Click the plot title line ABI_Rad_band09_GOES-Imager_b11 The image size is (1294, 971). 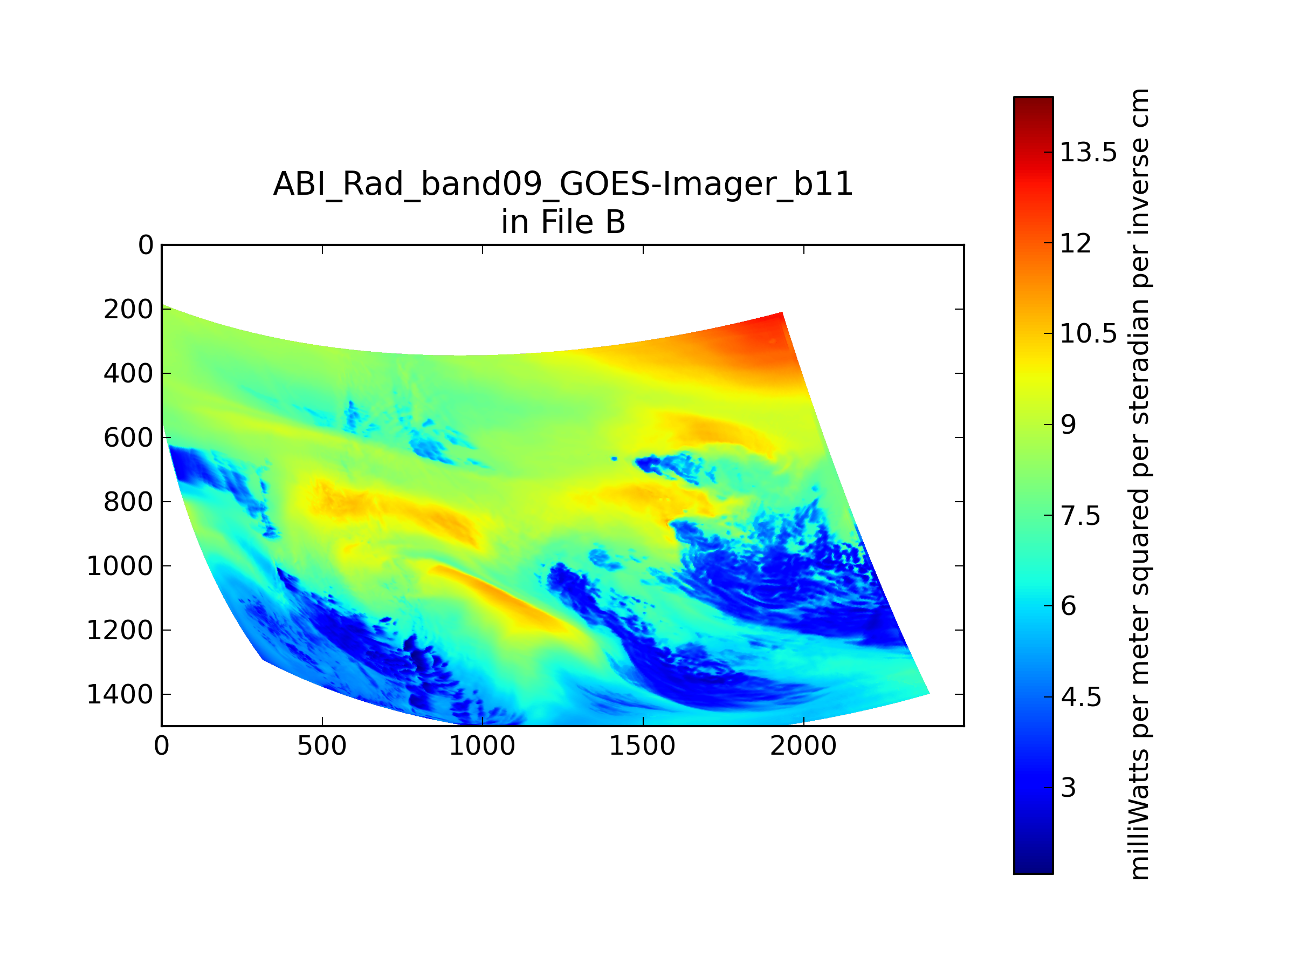(563, 184)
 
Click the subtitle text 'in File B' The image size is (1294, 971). (563, 222)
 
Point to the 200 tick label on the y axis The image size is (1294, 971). (128, 309)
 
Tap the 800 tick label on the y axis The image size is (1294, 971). (128, 502)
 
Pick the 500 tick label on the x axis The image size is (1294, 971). (322, 746)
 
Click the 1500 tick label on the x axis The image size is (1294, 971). (642, 746)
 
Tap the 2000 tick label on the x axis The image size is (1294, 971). (803, 746)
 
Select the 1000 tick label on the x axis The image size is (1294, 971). (482, 746)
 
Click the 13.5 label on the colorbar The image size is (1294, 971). (1089, 152)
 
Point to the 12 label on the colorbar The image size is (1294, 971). (1076, 243)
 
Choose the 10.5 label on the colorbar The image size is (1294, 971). (1089, 333)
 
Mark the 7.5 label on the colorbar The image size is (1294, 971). (1080, 516)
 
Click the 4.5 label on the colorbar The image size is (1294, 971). (1081, 697)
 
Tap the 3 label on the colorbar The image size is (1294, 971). (1068, 788)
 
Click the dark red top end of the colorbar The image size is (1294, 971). (1033, 102)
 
